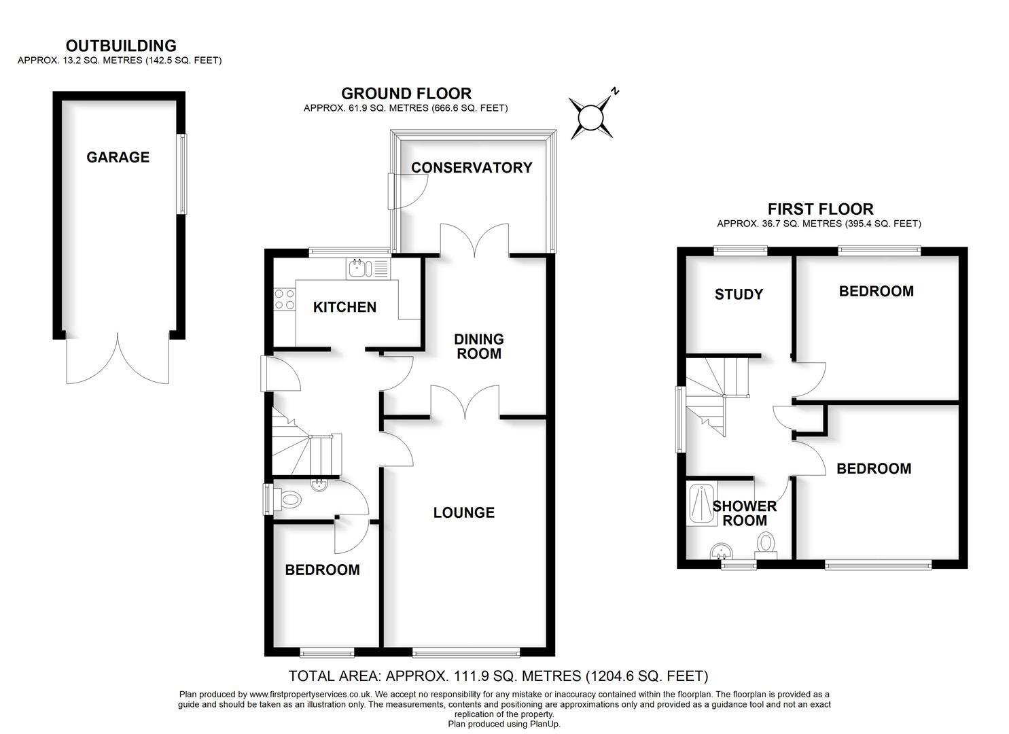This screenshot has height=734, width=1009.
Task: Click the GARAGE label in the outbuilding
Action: pos(118,157)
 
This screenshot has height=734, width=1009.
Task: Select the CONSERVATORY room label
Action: pos(472,168)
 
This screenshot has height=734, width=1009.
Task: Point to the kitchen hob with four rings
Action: pos(285,300)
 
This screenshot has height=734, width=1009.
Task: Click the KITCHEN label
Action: pos(344,307)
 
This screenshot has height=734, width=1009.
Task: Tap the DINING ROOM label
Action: pos(479,346)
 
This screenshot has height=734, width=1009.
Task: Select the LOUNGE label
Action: pos(464,512)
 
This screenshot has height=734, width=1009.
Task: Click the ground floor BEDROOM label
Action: pos(322,570)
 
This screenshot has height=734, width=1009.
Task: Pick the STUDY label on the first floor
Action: pos(739,294)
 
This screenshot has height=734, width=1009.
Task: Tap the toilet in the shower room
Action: pos(766,544)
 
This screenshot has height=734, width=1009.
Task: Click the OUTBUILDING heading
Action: pos(121,46)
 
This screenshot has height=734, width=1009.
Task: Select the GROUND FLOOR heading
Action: pos(406,93)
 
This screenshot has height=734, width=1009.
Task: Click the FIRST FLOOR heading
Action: pos(820,209)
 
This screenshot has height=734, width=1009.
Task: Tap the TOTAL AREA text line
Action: pos(498,676)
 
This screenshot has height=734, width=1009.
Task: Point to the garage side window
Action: pos(182,175)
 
